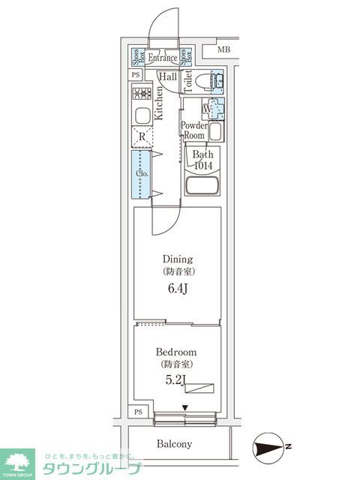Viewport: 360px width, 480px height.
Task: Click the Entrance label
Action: point(162,58)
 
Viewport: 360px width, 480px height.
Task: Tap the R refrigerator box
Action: point(142,136)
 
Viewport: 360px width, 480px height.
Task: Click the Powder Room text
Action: point(193,130)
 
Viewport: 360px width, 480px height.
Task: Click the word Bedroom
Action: point(176,352)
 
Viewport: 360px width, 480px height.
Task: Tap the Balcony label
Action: point(174,443)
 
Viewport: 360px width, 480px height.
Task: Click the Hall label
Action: point(166,76)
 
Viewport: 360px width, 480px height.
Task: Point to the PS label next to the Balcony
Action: point(137,412)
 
